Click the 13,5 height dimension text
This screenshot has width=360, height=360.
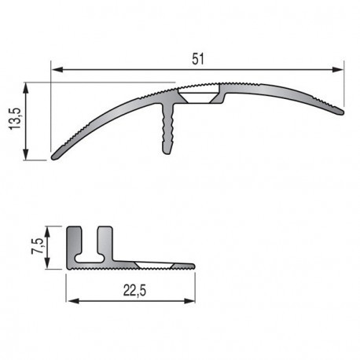14,122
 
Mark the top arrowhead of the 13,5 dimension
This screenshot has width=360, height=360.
28,87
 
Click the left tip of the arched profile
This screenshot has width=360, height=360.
55,156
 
